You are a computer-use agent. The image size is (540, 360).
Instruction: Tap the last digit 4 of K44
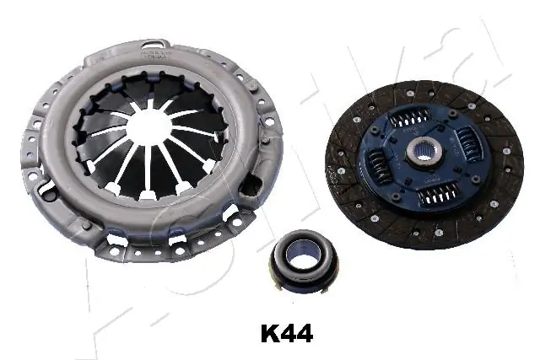click(304, 334)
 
